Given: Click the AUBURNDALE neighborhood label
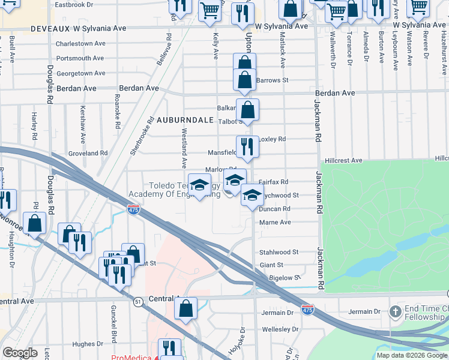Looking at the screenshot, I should (x=185, y=120).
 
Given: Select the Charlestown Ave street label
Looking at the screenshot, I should (x=80, y=44).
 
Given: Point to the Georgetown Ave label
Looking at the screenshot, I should (x=81, y=73).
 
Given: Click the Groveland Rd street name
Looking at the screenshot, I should (x=88, y=154).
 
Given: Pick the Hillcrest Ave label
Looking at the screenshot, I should (x=343, y=161).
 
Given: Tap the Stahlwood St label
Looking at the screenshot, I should (x=279, y=253).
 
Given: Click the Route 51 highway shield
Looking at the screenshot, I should (x=139, y=302).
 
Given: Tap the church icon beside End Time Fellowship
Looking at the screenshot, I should (x=395, y=311).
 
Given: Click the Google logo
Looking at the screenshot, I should (x=20, y=353).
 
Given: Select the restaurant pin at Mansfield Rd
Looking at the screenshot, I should (x=247, y=146).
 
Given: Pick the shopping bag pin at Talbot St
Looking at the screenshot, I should (x=247, y=110).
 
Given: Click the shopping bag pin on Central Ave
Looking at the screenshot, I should (x=187, y=309).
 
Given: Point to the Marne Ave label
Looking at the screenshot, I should (x=275, y=223).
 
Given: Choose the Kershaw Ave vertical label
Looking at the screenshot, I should (x=82, y=118).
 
